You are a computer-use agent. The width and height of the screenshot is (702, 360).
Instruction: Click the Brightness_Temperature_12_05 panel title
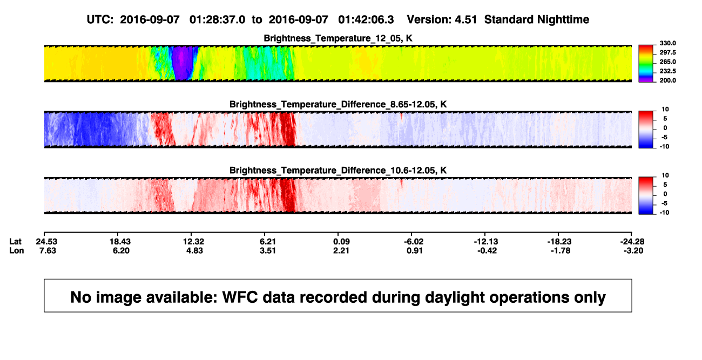(338, 38)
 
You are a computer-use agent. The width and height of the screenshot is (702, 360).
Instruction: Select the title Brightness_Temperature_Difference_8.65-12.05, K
(338, 104)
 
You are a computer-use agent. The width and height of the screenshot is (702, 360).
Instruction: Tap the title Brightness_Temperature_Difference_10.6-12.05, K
(338, 171)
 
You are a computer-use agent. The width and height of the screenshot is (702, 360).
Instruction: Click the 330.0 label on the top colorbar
(667, 43)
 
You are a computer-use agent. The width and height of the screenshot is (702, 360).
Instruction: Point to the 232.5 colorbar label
(667, 71)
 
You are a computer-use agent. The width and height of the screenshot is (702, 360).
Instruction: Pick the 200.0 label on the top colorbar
(667, 80)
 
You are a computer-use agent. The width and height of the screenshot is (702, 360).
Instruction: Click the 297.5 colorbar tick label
(667, 53)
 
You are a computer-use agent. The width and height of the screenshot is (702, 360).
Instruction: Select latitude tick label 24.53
(46, 242)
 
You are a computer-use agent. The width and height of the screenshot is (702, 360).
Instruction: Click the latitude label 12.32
(194, 242)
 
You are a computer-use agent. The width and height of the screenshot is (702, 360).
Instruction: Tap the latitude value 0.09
(341, 242)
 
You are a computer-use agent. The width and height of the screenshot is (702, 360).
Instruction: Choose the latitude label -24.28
(632, 242)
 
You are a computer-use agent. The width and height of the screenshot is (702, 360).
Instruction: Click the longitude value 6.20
(121, 250)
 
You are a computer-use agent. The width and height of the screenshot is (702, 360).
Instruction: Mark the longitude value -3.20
(633, 250)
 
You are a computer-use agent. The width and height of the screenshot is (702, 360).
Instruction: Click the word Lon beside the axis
(16, 250)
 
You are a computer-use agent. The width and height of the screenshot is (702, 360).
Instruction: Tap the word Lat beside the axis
(15, 242)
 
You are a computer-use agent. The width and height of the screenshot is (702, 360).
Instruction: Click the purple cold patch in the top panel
(183, 63)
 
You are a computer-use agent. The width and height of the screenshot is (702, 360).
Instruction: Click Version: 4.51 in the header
(442, 20)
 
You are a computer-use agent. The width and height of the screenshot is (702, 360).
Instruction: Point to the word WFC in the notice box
(240, 297)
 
